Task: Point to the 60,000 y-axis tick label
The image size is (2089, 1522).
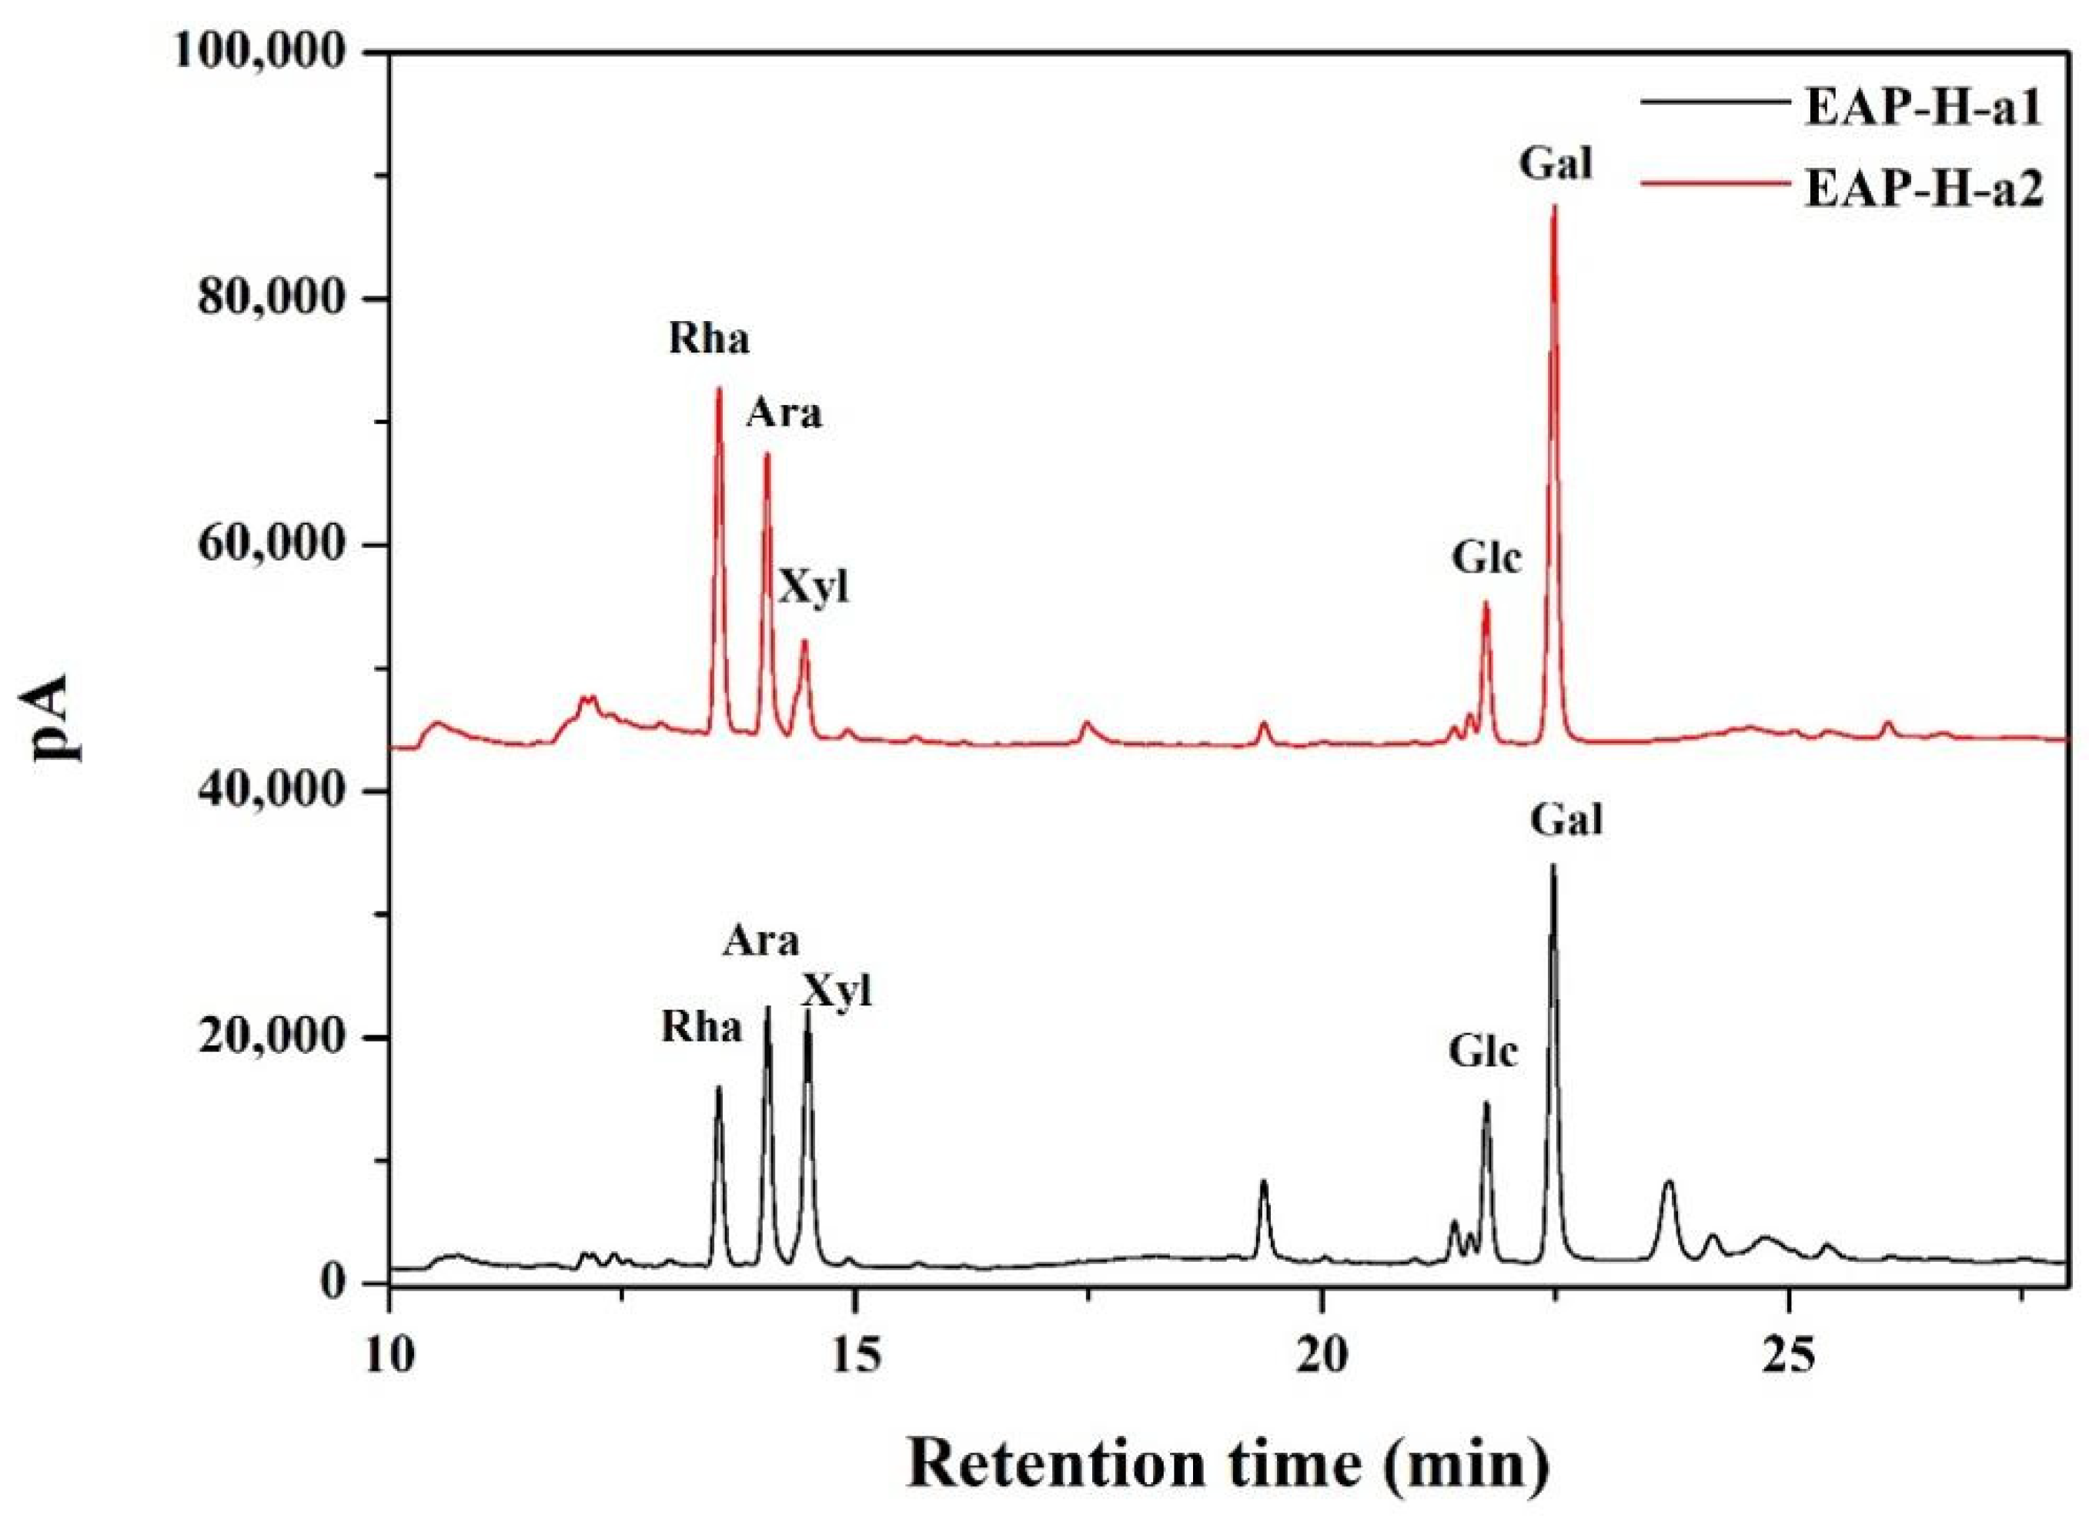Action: tap(277, 547)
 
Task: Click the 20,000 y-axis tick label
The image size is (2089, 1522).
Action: tap(277, 1039)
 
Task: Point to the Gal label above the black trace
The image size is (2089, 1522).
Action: tap(1566, 819)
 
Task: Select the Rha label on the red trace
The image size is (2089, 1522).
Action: tap(708, 340)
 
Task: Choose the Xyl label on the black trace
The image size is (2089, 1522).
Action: tap(835, 992)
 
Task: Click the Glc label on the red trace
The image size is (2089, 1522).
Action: tap(1486, 558)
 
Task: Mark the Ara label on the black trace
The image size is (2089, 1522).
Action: tap(760, 942)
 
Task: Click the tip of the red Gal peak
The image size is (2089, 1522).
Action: tap(1554, 206)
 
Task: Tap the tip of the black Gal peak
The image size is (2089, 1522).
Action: tap(1553, 866)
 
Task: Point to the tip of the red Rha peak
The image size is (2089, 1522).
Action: tap(718, 389)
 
